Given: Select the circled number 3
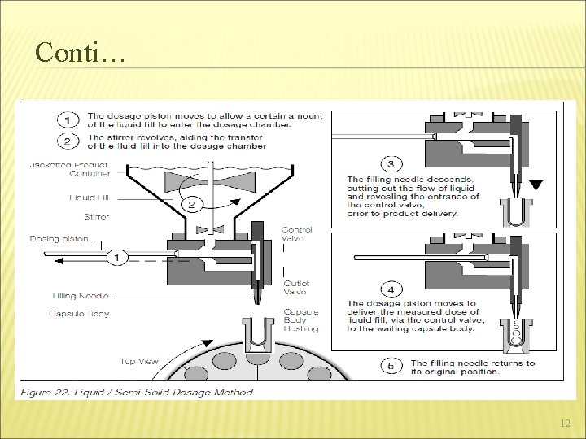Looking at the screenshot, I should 391,164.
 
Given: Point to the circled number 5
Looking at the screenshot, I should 391,366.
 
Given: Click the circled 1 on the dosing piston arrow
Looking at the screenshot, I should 116,257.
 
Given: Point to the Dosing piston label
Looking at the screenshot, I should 59,239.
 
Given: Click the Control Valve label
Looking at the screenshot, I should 295,235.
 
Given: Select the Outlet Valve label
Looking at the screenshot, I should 295,287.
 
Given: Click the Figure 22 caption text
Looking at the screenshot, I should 134,391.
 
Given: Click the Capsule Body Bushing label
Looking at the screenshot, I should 301,319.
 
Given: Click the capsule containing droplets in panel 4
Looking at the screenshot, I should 516,335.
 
